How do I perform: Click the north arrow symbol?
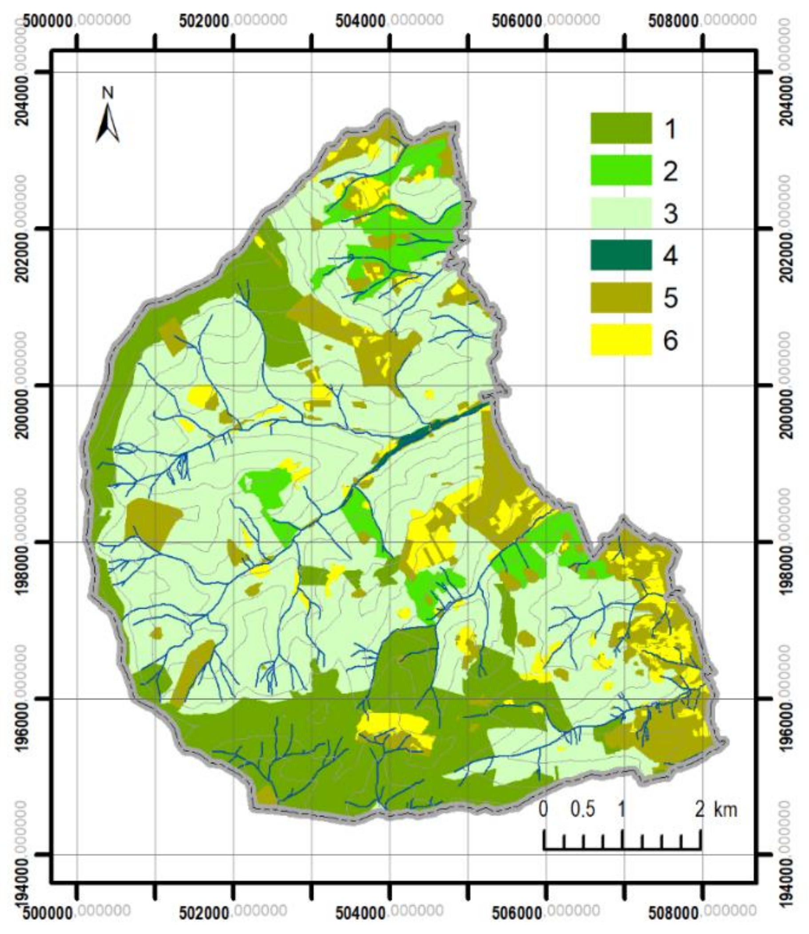click(108, 124)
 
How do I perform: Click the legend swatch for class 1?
click(621, 129)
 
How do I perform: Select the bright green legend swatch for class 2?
click(621, 170)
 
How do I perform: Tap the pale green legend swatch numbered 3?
click(621, 213)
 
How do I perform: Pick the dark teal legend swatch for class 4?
click(621, 255)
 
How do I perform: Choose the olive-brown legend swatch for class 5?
click(621, 298)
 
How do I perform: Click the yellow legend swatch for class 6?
click(621, 339)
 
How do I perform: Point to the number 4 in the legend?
click(670, 256)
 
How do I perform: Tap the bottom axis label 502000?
click(204, 913)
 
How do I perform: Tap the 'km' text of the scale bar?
click(725, 809)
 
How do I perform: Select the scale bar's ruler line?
click(622, 849)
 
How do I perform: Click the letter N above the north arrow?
click(108, 93)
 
